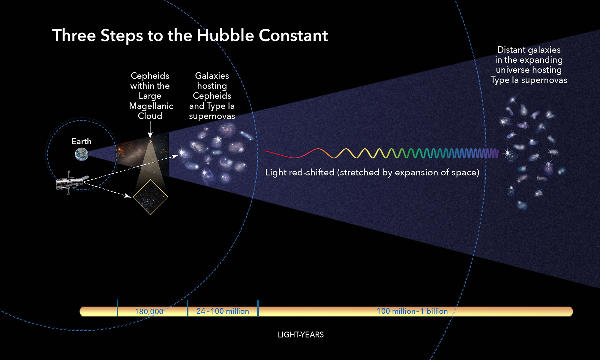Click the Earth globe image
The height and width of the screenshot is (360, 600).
click(82, 154)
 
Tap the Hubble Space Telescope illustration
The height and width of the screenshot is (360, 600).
click(71, 182)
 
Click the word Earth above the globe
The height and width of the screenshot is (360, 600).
click(81, 141)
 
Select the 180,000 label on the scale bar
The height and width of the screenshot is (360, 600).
click(149, 312)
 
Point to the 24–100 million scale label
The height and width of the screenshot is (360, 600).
click(223, 311)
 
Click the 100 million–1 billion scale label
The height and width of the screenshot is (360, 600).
click(412, 311)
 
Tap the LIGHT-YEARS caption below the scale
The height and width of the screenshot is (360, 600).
click(301, 334)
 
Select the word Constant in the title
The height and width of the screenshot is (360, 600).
click(293, 35)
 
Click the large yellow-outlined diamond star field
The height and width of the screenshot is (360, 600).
click(150, 197)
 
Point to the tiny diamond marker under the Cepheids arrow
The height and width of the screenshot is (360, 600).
click(150, 141)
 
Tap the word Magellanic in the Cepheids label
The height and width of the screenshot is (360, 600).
click(151, 106)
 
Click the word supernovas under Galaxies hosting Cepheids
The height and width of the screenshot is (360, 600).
click(212, 116)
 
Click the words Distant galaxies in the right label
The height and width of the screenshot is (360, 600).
click(529, 50)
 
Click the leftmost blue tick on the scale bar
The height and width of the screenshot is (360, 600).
click(117, 308)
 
